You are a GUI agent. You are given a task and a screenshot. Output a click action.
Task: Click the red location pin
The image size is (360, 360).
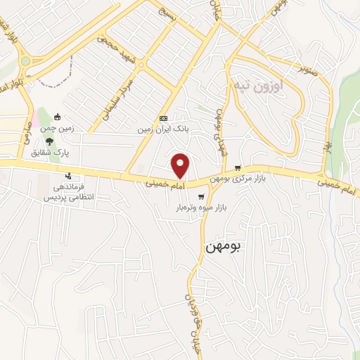[x=181, y=165]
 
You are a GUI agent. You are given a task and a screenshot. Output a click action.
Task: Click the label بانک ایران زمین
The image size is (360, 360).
[x=163, y=129]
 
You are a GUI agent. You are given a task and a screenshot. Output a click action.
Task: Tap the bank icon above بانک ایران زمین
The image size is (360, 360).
[x=163, y=118]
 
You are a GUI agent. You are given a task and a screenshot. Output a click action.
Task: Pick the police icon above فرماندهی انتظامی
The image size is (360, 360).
[x=68, y=176]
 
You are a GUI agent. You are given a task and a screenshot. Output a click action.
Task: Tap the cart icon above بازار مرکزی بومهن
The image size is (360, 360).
[x=238, y=168]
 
